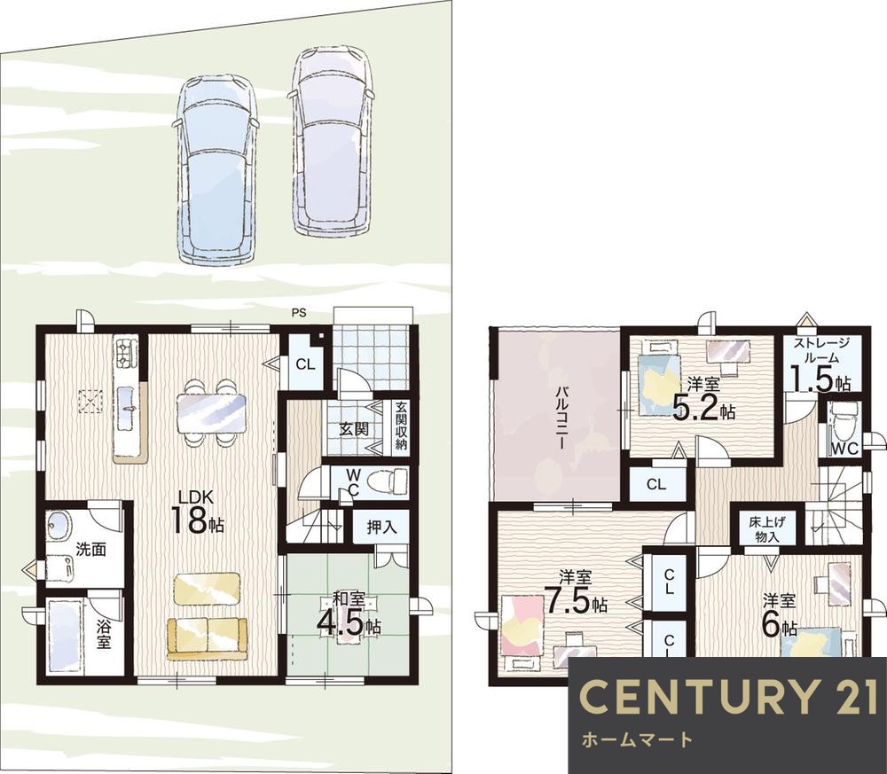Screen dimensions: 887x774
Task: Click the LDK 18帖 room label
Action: (197, 512)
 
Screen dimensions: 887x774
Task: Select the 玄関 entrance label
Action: (354, 428)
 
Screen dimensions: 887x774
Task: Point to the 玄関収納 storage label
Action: (401, 426)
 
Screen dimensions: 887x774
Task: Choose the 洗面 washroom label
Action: (91, 549)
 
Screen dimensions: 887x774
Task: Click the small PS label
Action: (299, 312)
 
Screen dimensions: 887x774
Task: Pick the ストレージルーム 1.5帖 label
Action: (822, 364)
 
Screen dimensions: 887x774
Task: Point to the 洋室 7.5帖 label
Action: (576, 592)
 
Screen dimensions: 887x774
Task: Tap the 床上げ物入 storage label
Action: (767, 529)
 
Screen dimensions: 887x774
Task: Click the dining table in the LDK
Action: (212, 413)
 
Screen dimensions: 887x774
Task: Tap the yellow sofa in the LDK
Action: (207, 638)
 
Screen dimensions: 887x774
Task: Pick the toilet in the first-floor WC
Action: (388, 481)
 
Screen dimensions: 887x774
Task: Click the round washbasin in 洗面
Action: (57, 526)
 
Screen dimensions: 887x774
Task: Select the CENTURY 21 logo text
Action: (730, 696)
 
